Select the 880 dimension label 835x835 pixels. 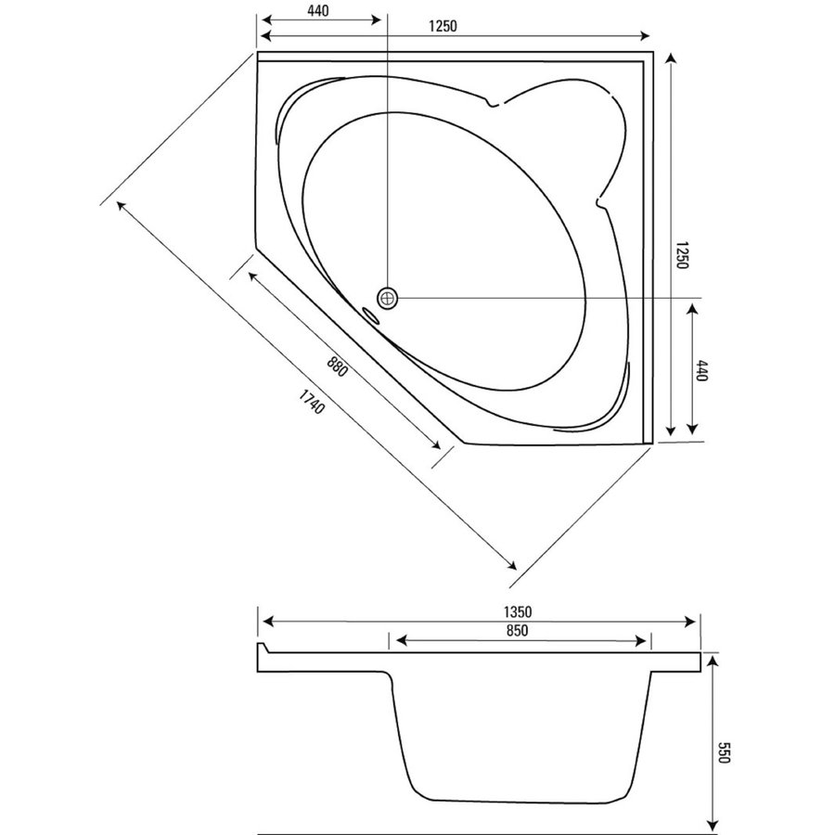click(x=337, y=362)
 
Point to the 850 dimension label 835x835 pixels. click(x=518, y=631)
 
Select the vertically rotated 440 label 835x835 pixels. click(x=702, y=372)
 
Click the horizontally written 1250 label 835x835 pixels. click(x=443, y=26)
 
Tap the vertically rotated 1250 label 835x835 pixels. click(x=680, y=254)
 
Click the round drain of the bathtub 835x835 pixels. click(x=387, y=297)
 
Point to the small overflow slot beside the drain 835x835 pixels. click(x=372, y=315)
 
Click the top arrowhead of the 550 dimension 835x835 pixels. click(x=712, y=656)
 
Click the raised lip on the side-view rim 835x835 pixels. click(x=262, y=647)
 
